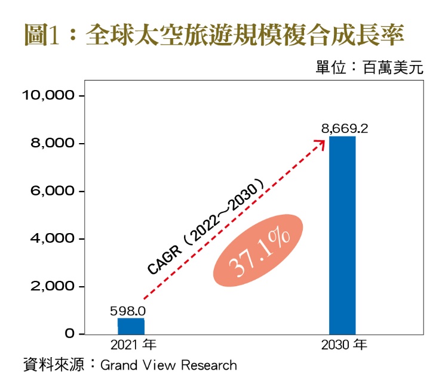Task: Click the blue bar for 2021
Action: (x=131, y=326)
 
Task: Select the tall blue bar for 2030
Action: (x=342, y=235)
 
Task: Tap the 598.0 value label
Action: (x=127, y=311)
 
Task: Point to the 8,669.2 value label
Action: (x=345, y=128)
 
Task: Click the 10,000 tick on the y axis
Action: (x=48, y=95)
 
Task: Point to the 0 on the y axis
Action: (x=70, y=334)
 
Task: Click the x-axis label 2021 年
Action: (x=133, y=345)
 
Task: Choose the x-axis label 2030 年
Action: (x=343, y=345)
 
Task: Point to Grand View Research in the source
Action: (x=168, y=365)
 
